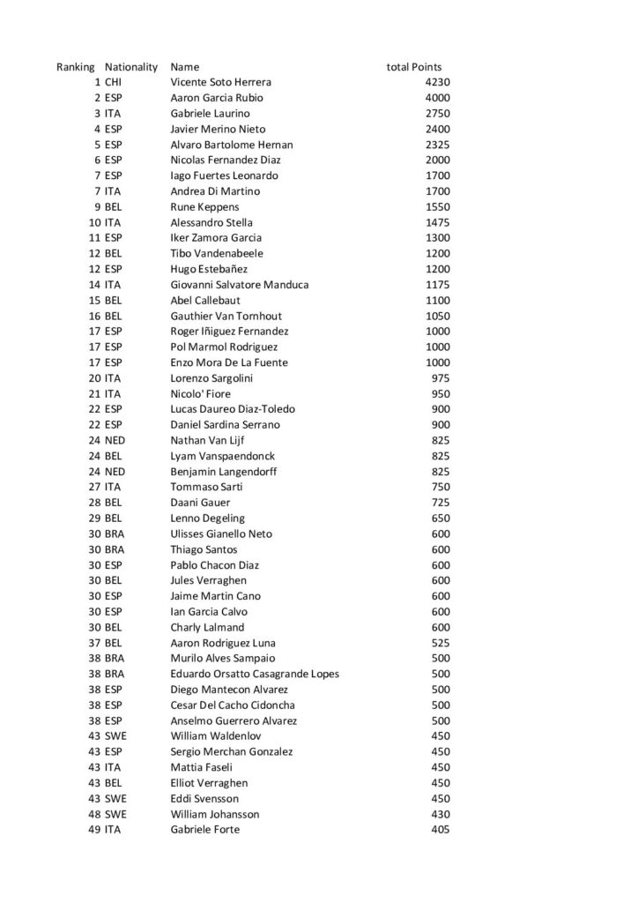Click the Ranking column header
coord(75,67)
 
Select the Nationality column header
coord(131,67)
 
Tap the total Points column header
coord(414,67)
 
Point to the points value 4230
coord(437,82)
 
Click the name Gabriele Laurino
coord(210,114)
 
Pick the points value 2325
coord(437,145)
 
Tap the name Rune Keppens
coord(204,207)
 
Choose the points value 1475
coord(437,222)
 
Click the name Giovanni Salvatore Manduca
coord(239,285)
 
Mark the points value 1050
coord(437,316)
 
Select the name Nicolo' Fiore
coord(200,393)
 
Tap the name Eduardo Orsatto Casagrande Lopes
coord(255,674)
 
